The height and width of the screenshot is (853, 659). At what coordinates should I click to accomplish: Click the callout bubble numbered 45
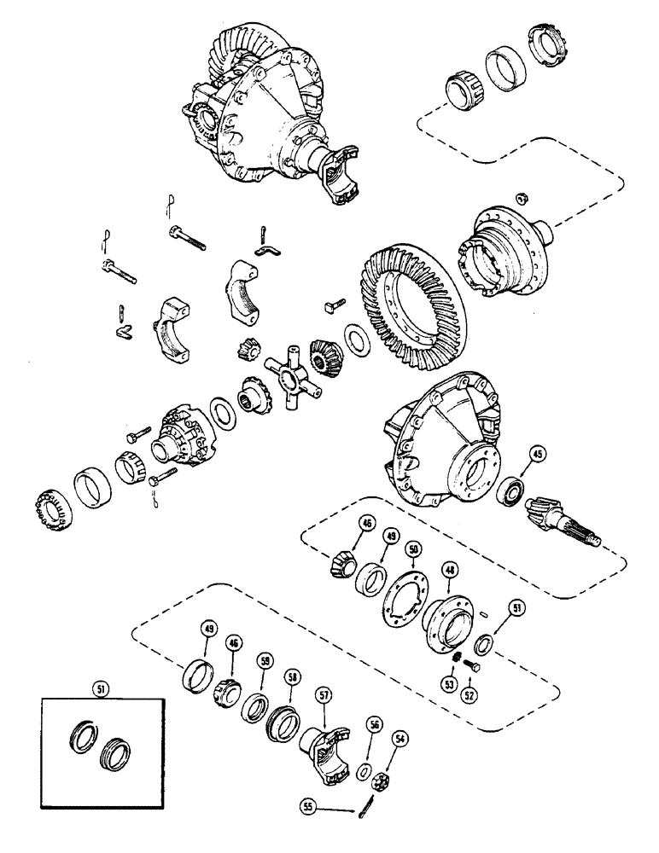(537, 454)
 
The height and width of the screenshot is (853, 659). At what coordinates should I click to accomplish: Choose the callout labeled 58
(293, 676)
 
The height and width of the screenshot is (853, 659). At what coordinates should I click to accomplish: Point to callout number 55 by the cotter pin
(309, 803)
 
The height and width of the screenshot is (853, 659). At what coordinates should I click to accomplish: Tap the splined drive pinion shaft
(567, 519)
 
